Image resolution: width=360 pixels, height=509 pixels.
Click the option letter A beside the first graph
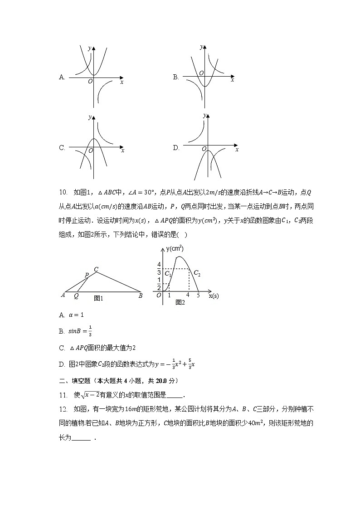pos(62,78)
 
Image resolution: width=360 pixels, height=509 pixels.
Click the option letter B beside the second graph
pos(175,78)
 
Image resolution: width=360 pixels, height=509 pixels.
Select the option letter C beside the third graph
pos(62,148)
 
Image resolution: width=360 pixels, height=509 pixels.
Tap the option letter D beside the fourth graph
pos(176,148)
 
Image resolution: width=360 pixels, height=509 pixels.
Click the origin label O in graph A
pos(90,81)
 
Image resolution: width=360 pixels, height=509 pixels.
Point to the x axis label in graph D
pos(237,150)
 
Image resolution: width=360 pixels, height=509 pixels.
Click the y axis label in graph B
pos(201,47)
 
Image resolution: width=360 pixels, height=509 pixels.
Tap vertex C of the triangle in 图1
pos(96,269)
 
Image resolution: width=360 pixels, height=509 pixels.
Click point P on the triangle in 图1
pos(86,275)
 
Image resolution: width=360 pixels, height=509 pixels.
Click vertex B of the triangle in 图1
pos(141,296)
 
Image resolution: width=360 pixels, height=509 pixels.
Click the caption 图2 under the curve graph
pos(180,302)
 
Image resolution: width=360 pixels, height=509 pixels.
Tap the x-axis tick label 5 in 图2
pos(198,295)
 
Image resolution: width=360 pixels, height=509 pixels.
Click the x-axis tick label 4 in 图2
pos(188,295)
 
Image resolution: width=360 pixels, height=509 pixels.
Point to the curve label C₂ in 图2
pos(197,273)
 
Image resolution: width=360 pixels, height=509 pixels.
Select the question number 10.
pos(63,192)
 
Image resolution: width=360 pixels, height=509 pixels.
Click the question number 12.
pos(63,409)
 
